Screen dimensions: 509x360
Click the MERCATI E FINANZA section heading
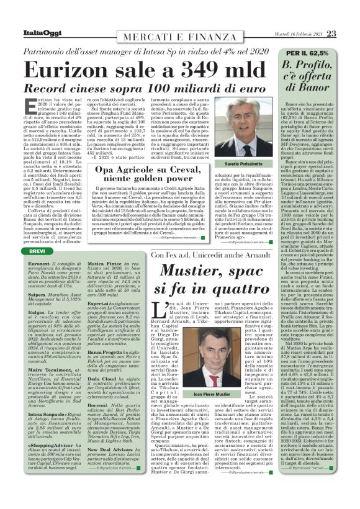click(149, 21)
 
